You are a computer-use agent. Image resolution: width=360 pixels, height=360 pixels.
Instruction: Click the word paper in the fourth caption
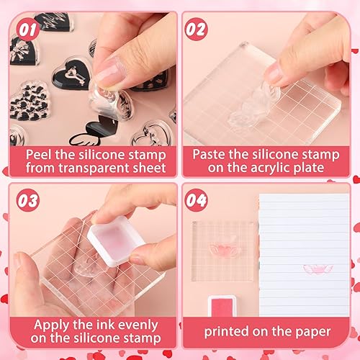point(312,331)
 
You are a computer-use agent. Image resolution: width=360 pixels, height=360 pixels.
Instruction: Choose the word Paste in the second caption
point(210,153)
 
